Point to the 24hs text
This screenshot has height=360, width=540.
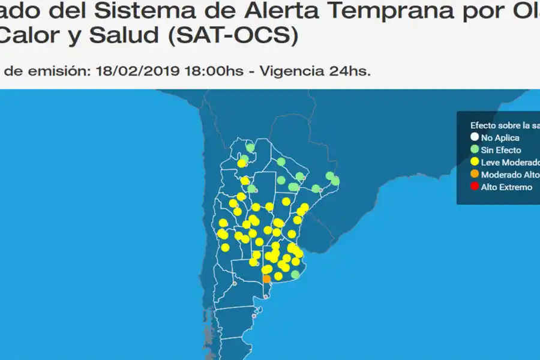(350, 71)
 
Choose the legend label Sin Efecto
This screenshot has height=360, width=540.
(501, 150)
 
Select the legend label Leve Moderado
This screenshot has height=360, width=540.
(506, 162)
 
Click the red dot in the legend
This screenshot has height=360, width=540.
(475, 187)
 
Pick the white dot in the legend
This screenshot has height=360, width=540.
(475, 137)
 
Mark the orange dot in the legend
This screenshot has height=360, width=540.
(475, 174)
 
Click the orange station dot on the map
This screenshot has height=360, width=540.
(266, 278)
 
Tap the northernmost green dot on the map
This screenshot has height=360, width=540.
(250, 148)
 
